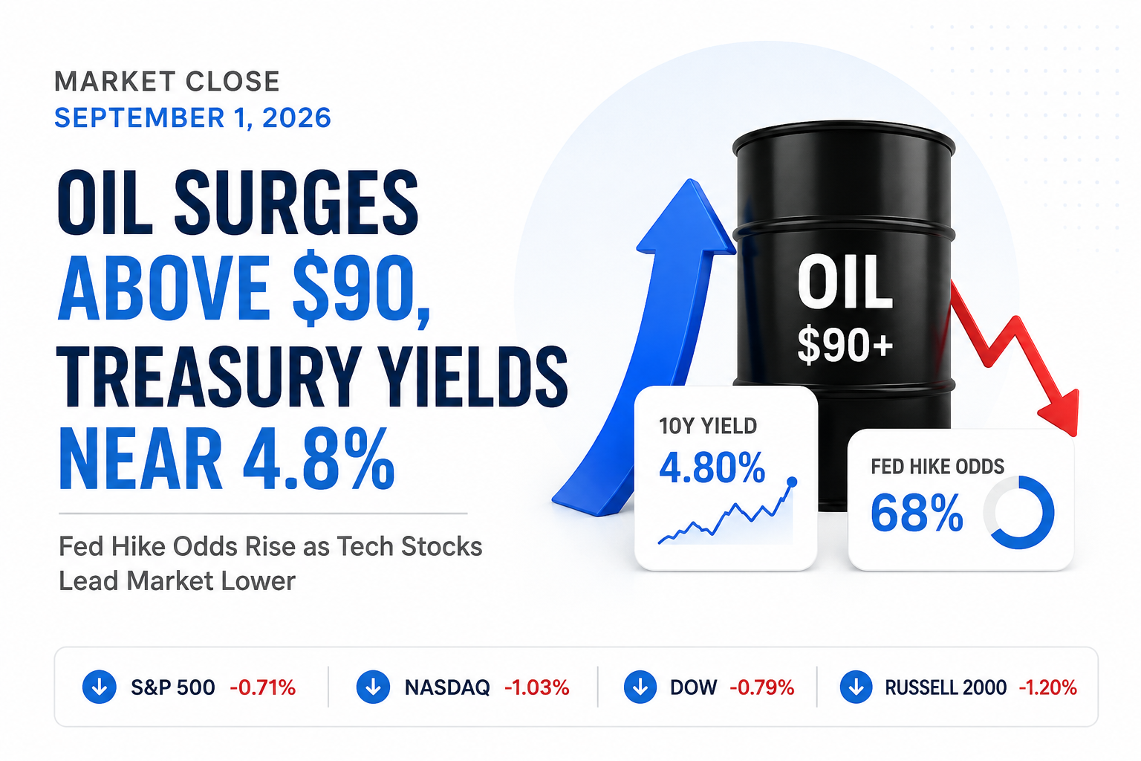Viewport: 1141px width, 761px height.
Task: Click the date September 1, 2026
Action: click(192, 118)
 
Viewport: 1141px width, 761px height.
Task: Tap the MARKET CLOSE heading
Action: click(167, 82)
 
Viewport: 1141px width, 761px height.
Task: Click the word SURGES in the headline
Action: click(296, 202)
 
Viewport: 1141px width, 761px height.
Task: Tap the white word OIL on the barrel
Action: click(845, 283)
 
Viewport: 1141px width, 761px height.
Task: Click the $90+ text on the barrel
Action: click(845, 345)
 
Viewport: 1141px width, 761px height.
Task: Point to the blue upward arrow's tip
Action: click(691, 180)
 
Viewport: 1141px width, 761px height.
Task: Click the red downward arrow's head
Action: click(1062, 413)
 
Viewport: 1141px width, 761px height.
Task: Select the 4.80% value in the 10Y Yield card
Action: click(712, 468)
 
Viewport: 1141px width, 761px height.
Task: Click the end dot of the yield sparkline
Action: click(792, 482)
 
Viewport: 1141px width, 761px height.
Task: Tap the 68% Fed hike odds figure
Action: click(917, 513)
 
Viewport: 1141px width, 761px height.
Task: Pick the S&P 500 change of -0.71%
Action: click(263, 687)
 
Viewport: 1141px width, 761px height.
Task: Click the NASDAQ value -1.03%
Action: click(537, 687)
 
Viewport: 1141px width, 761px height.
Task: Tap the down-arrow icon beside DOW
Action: click(640, 687)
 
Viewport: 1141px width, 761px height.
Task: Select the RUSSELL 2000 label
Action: click(946, 687)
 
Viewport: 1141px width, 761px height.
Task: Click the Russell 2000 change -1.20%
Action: click(1048, 687)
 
